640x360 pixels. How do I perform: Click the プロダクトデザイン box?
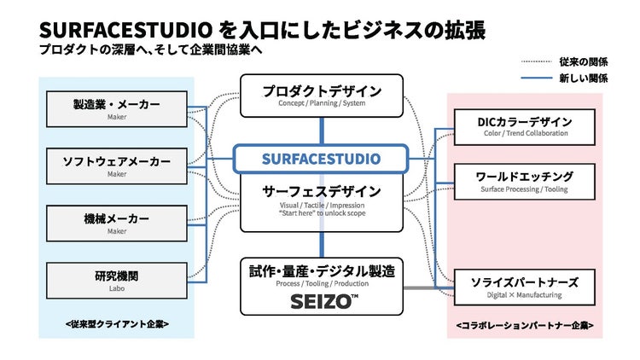tap(322, 96)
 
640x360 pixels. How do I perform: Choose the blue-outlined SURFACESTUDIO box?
tap(322, 159)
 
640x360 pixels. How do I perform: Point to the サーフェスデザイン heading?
tap(322, 191)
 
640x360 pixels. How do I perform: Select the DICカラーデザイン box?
tap(524, 126)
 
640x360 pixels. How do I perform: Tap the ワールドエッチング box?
tap(524, 181)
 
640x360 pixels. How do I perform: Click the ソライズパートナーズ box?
tap(524, 286)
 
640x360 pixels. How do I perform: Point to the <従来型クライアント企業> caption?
tap(117, 324)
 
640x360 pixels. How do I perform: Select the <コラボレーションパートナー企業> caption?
tap(524, 325)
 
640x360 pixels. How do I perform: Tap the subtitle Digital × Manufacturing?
tap(524, 295)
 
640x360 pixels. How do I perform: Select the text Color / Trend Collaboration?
tap(524, 134)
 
